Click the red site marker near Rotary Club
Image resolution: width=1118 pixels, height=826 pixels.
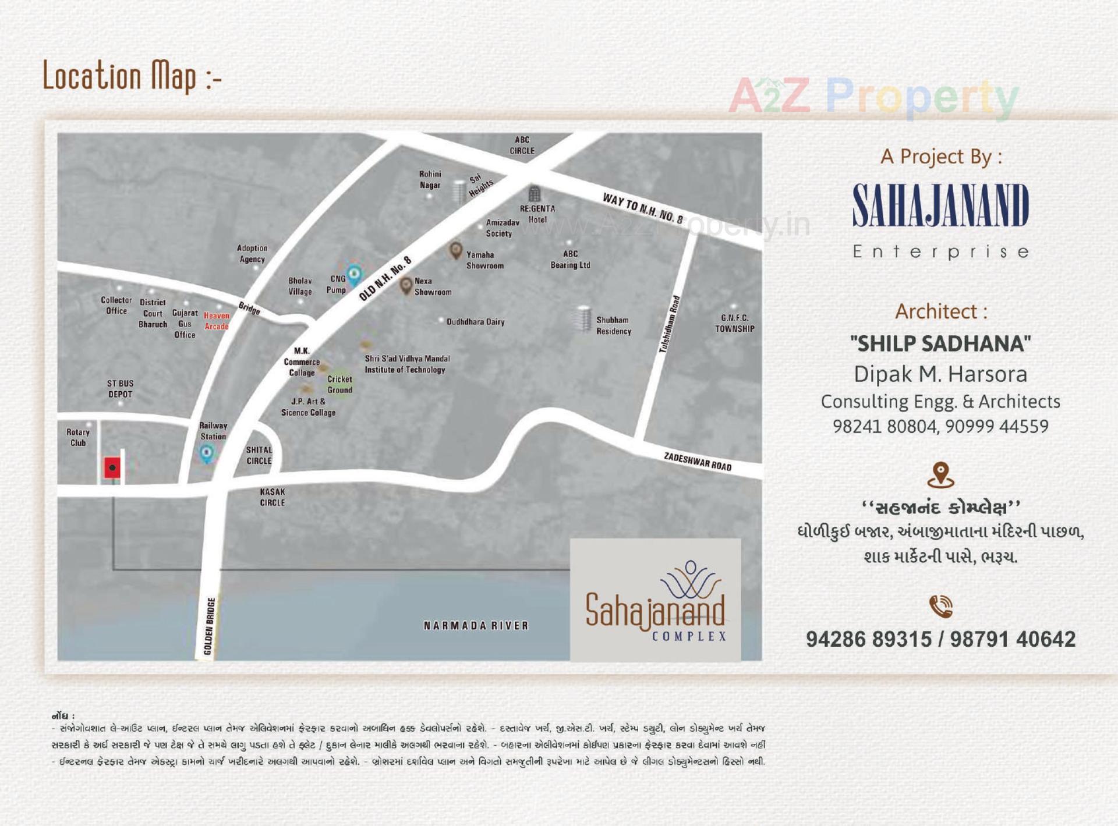tap(112, 467)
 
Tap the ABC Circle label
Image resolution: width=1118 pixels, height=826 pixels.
tap(522, 145)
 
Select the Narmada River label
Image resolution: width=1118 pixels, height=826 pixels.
tap(476, 626)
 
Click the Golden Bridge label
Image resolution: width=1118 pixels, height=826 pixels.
tap(210, 626)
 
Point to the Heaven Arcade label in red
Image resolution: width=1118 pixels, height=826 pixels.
tap(217, 321)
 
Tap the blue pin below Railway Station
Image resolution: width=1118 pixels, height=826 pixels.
tap(207, 452)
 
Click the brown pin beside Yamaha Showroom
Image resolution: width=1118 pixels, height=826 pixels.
tap(456, 250)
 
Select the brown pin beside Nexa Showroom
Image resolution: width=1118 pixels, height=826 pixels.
tap(406, 285)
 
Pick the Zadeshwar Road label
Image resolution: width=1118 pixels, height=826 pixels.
tap(698, 462)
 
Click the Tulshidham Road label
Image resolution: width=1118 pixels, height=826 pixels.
tap(670, 324)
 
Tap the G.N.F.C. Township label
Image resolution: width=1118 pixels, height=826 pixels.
tap(734, 323)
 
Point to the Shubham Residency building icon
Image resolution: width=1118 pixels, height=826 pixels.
tap(583, 318)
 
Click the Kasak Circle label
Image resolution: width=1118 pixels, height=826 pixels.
tap(273, 497)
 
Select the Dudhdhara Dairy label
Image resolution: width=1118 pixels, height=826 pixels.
tap(475, 322)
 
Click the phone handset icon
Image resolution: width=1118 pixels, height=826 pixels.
tap(940, 606)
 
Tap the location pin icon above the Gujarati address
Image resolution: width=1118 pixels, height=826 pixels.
tap(940, 474)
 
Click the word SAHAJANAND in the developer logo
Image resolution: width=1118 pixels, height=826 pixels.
tap(940, 205)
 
